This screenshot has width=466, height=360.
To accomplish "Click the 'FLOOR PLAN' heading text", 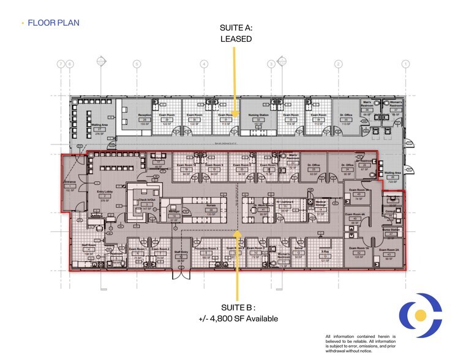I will (x=53, y=23).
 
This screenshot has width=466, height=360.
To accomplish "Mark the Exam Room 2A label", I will (x=389, y=250).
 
